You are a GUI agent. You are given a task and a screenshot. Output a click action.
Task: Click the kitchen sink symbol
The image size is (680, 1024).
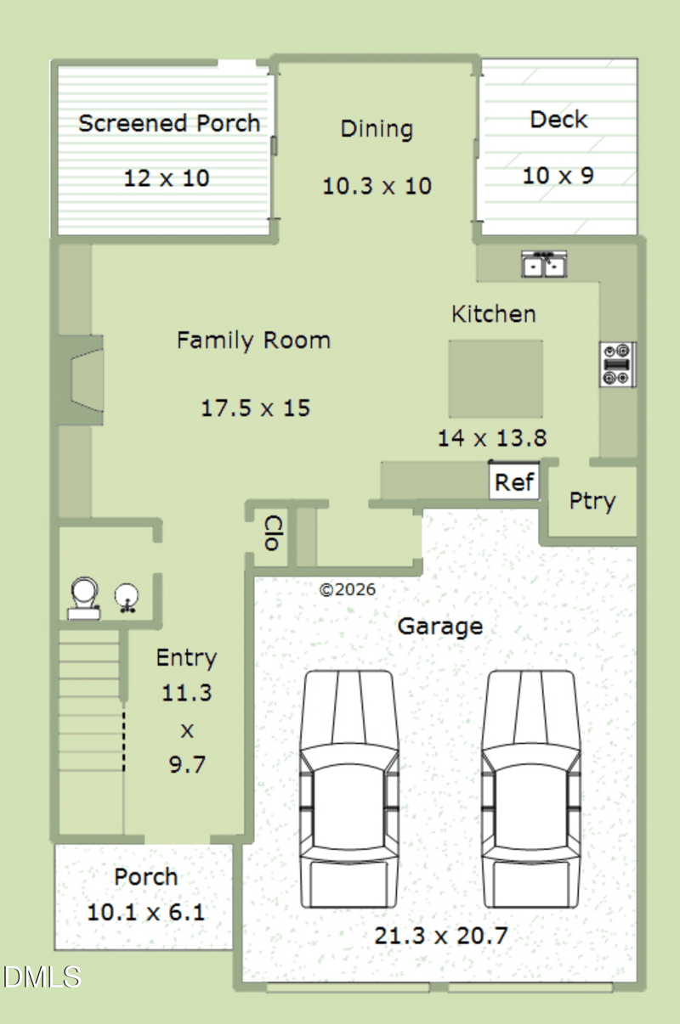544,264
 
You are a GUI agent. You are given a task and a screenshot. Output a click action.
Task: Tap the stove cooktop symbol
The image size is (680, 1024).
618,365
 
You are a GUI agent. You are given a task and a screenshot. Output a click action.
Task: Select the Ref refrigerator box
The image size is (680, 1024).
514,481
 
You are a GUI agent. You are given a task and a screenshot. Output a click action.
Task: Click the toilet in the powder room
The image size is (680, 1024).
84,598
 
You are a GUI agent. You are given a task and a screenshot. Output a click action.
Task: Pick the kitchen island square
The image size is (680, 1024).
496,379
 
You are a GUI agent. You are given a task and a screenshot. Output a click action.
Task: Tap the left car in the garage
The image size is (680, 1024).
348,789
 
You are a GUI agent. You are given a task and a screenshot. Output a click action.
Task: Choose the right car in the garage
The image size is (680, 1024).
530,789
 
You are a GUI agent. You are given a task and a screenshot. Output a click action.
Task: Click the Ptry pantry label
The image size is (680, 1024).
592,502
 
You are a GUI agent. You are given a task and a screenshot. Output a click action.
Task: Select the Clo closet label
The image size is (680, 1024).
274,532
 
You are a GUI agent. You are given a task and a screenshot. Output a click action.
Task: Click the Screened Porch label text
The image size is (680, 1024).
169,123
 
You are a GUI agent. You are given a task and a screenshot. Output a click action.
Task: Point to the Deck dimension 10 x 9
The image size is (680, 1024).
558,176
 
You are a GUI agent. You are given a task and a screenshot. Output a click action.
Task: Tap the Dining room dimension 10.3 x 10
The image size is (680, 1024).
377,186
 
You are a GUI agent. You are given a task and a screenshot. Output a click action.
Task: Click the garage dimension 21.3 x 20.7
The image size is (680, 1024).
441,936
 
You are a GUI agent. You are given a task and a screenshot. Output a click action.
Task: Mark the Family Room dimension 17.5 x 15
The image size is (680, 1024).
256,408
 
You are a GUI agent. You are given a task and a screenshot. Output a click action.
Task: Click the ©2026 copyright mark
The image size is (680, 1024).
348,590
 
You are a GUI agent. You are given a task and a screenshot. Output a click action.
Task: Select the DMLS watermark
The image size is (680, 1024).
42,977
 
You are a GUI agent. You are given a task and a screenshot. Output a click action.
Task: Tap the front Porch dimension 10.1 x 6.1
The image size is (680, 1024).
146,912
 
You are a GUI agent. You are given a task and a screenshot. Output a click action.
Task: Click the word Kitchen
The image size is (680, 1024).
493,314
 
